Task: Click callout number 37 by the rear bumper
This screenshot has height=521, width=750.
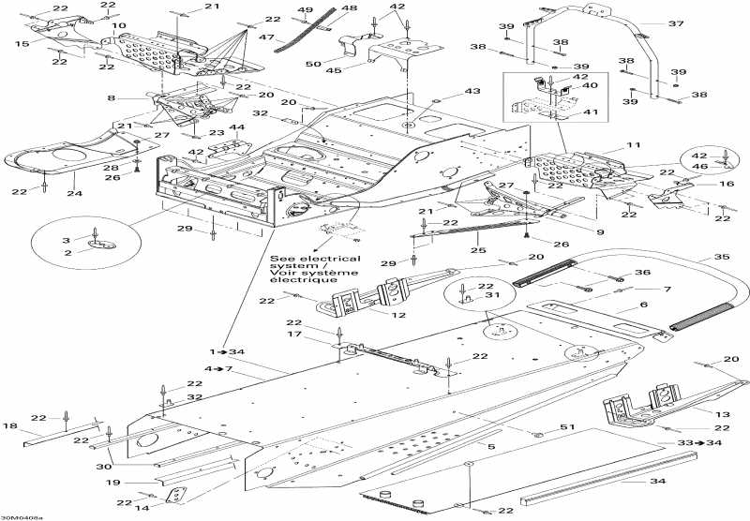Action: coord(675,22)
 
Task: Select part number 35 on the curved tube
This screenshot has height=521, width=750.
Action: coord(695,256)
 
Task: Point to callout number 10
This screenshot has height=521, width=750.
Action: coord(119,25)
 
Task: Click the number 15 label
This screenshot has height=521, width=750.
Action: coord(22,44)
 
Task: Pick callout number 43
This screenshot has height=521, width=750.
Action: coord(472,91)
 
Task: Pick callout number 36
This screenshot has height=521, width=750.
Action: coord(641,273)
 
